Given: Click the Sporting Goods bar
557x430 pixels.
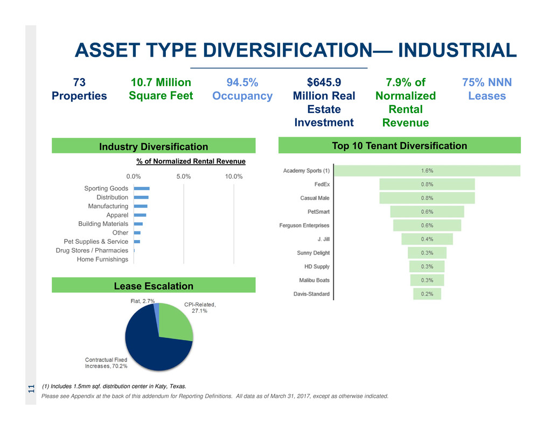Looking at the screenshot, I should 141,188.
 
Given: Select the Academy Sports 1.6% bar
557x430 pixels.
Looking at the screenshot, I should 427,171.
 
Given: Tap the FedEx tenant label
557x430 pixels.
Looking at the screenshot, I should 322,184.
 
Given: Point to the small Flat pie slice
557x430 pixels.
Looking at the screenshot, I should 157,308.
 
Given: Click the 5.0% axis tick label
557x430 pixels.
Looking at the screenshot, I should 184,177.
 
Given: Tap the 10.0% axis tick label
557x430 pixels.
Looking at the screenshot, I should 234,177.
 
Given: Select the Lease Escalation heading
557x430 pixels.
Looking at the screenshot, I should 154,285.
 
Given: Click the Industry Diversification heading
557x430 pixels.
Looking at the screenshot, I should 154,146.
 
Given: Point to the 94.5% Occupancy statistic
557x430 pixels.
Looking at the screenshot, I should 242,89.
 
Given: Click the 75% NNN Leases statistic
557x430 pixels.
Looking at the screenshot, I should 487,89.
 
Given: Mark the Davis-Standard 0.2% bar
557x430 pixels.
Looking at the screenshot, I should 427,294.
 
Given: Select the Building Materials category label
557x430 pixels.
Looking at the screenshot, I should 103,224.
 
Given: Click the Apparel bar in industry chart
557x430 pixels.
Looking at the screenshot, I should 140,215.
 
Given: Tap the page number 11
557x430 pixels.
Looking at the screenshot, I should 31,387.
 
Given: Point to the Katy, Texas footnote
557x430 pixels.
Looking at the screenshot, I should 114,386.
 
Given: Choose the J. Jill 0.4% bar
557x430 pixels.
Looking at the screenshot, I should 427,239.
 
